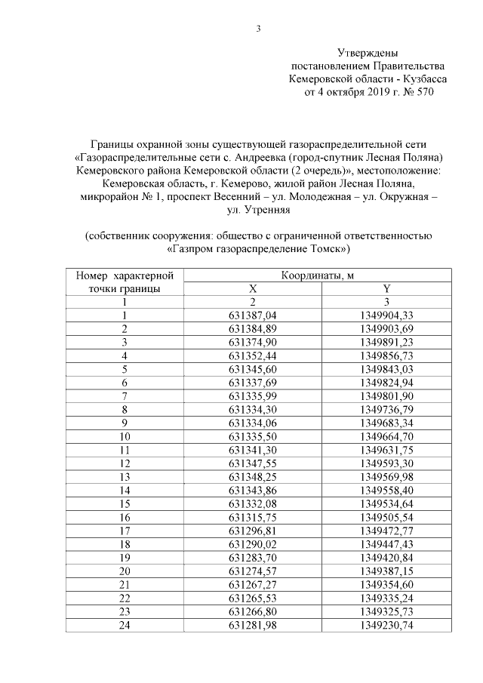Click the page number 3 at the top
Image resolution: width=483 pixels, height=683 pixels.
point(258,29)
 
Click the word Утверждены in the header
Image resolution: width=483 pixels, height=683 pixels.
point(368,54)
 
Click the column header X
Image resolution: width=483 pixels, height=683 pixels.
point(253,288)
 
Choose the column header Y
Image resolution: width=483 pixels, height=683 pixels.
point(386,288)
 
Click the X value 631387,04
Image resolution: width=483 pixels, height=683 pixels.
point(253,315)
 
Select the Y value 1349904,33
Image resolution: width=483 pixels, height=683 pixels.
point(386,315)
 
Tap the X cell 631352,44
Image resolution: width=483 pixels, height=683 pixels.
point(253,355)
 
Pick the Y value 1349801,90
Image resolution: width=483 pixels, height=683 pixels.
point(386,395)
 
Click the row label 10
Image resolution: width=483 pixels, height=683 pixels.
point(124,436)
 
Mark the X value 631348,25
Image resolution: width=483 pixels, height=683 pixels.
point(253,476)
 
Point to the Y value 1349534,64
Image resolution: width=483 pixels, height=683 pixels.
point(386,503)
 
